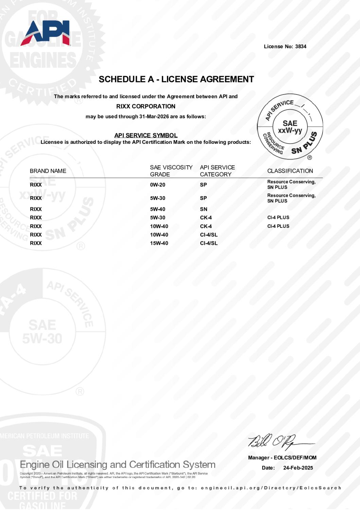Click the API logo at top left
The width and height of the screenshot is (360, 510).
tap(45, 33)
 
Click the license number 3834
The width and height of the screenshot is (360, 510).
tap(301, 47)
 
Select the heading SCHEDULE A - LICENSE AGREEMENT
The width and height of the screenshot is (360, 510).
tap(176, 79)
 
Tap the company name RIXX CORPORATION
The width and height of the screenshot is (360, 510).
tap(146, 106)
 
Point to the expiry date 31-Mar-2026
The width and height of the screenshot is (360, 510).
tap(154, 117)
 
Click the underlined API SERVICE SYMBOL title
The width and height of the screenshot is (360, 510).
tap(146, 135)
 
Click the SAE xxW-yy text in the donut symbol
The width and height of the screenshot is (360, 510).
tap(290, 127)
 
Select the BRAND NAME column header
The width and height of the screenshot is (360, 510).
tap(48, 171)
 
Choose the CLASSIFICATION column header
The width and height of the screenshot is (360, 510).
tap(290, 171)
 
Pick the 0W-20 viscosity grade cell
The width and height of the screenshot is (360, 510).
tap(158, 185)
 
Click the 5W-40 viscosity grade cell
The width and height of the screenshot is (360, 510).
tap(158, 209)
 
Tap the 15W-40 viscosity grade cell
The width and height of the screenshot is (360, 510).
tap(159, 243)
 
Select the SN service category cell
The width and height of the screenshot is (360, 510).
tap(204, 209)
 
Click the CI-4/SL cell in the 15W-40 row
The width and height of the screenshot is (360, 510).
tap(209, 243)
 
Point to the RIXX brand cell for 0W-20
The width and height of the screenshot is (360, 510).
tap(36, 185)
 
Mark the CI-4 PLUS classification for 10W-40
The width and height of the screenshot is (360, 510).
tap(278, 226)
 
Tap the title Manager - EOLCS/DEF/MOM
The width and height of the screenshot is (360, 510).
tap(282, 458)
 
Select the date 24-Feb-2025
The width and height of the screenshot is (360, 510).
tap(298, 468)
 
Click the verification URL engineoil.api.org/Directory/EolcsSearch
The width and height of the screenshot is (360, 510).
tap(271, 488)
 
